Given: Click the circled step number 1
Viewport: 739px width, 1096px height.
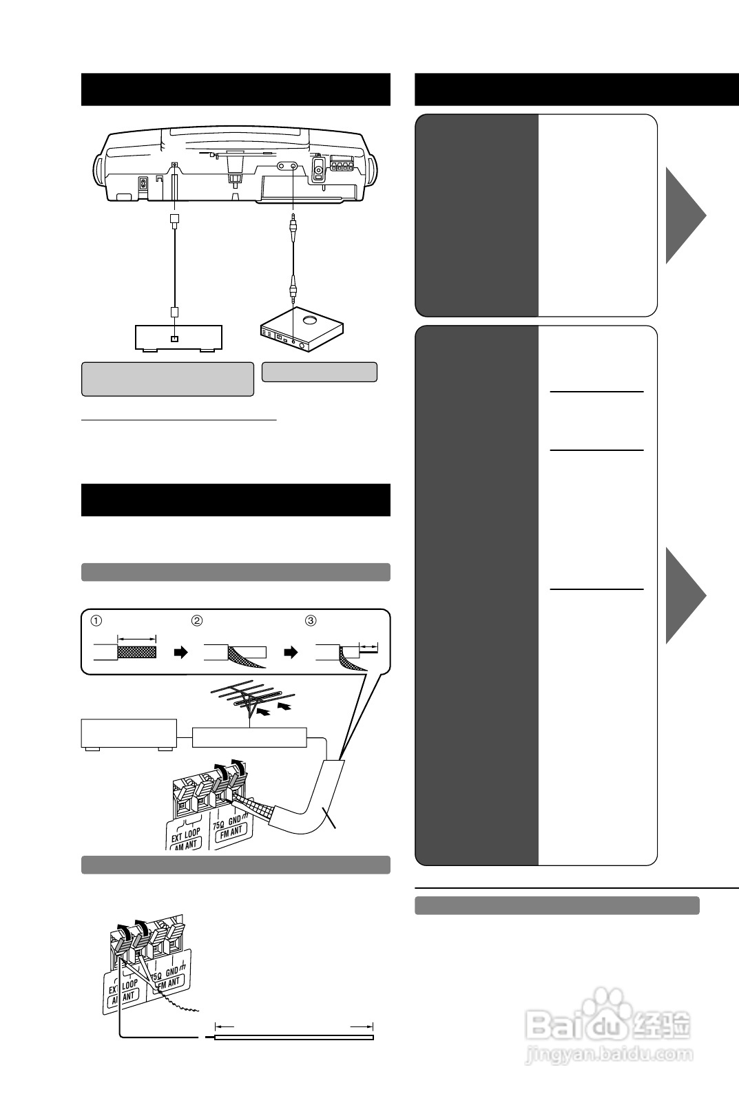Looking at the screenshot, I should [x=97, y=620].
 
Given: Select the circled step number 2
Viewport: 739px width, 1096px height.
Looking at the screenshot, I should [x=197, y=620].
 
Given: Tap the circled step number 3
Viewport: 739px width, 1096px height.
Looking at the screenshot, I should [x=311, y=620].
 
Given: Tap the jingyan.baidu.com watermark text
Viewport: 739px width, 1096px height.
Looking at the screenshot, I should [x=606, y=1054].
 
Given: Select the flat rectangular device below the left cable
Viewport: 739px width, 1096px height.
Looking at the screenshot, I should [x=176, y=337].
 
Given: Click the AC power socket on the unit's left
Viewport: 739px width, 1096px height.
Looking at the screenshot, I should [x=143, y=185].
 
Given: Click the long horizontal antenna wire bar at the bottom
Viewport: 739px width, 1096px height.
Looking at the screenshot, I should [x=294, y=1037].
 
